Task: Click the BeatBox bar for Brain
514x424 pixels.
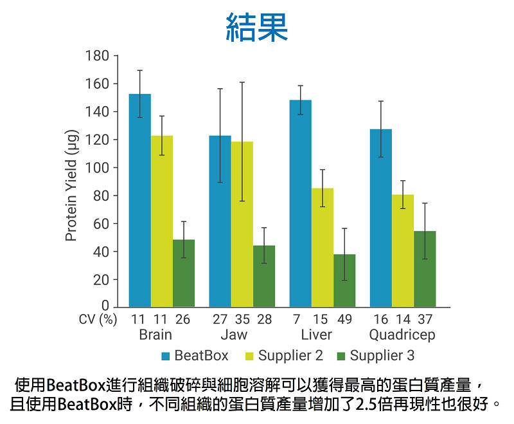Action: (x=140, y=200)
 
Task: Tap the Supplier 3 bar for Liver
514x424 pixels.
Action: (x=344, y=281)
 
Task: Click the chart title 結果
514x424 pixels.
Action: (x=257, y=28)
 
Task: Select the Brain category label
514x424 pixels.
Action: (x=155, y=335)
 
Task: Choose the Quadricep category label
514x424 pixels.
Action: (x=402, y=335)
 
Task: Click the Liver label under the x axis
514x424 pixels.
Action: (x=317, y=335)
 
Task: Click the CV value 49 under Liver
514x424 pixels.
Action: (x=344, y=320)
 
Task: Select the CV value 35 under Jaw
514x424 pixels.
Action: (x=242, y=320)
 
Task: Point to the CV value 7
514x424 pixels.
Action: (x=297, y=320)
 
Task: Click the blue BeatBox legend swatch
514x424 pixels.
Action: (x=166, y=356)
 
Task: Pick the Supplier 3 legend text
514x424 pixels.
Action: (x=382, y=355)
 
